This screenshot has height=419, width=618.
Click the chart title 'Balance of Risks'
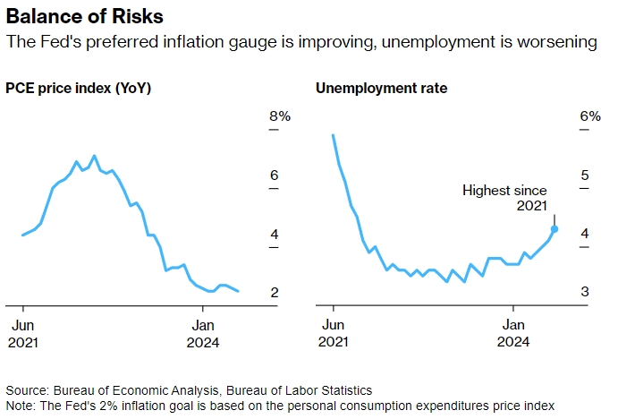(x=72, y=17)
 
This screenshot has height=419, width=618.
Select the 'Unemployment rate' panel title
(x=381, y=89)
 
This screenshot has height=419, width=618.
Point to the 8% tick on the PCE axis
(x=280, y=116)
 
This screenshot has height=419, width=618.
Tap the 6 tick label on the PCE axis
(x=275, y=175)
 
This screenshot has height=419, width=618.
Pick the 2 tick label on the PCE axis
(x=275, y=293)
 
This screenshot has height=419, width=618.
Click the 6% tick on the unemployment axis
(x=589, y=116)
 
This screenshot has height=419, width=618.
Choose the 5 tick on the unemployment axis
(x=584, y=175)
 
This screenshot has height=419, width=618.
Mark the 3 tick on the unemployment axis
(x=584, y=293)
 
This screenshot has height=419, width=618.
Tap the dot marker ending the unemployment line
(x=555, y=229)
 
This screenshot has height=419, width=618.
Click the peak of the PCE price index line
(x=95, y=156)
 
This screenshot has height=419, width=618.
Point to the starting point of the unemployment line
(x=333, y=135)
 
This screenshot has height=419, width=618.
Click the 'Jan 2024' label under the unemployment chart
(x=513, y=333)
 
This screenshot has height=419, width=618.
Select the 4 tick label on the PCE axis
(x=275, y=235)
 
